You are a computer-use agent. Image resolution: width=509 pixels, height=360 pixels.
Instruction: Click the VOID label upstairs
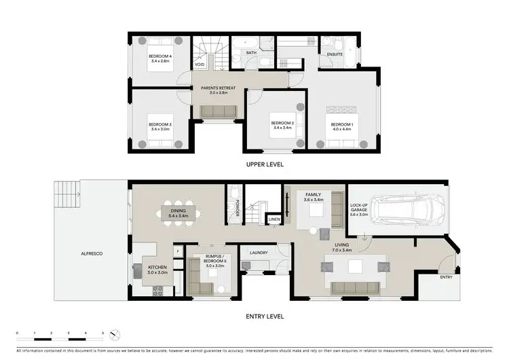(200, 65)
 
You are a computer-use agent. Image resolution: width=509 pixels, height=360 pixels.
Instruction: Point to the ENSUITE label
(335, 54)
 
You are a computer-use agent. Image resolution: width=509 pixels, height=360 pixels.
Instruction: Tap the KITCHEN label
(157, 267)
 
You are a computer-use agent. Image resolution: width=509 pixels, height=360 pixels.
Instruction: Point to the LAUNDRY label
(258, 253)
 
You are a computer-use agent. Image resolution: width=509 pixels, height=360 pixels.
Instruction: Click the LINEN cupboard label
(274, 219)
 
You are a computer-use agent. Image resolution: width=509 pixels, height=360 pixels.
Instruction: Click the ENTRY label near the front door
(446, 277)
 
